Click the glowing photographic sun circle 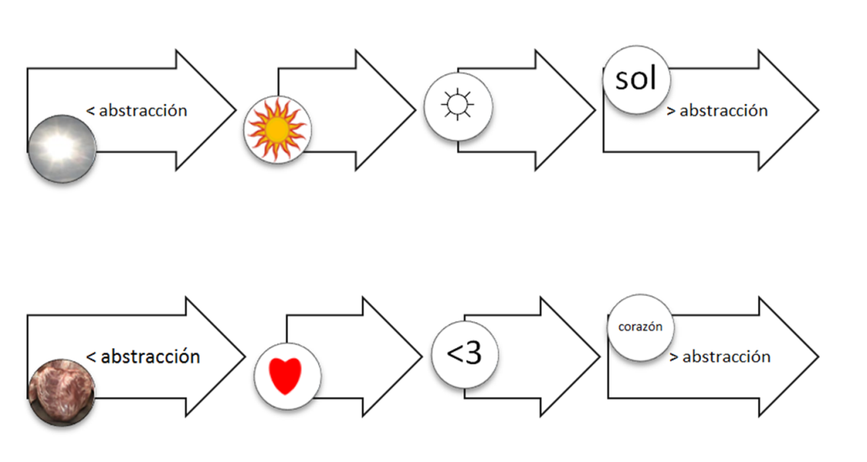tap(62, 149)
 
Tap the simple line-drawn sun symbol tap(457, 107)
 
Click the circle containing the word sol tap(636, 79)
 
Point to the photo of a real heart tap(62, 392)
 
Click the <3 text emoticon tap(464, 354)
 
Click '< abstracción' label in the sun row tap(137, 111)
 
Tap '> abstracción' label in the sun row tap(717, 111)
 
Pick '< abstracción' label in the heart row tap(143, 357)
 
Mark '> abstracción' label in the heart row tap(719, 357)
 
